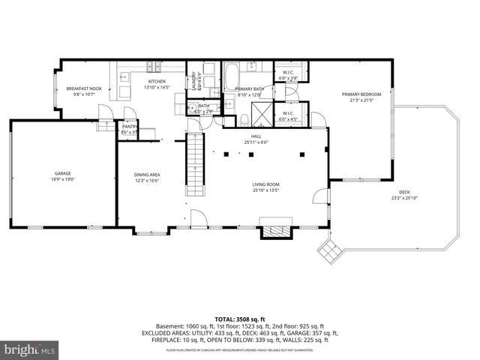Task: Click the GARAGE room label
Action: point(62,172)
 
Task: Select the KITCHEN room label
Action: point(156,81)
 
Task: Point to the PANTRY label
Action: point(129,127)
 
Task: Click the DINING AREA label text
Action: point(147,174)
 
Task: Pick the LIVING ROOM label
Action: point(266,184)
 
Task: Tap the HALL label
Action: point(256,136)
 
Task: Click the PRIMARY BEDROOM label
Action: point(361,94)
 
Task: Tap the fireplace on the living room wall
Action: point(272,229)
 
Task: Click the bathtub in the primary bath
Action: point(232,76)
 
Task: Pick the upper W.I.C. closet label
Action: point(288,73)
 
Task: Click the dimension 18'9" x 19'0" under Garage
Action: point(62,178)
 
